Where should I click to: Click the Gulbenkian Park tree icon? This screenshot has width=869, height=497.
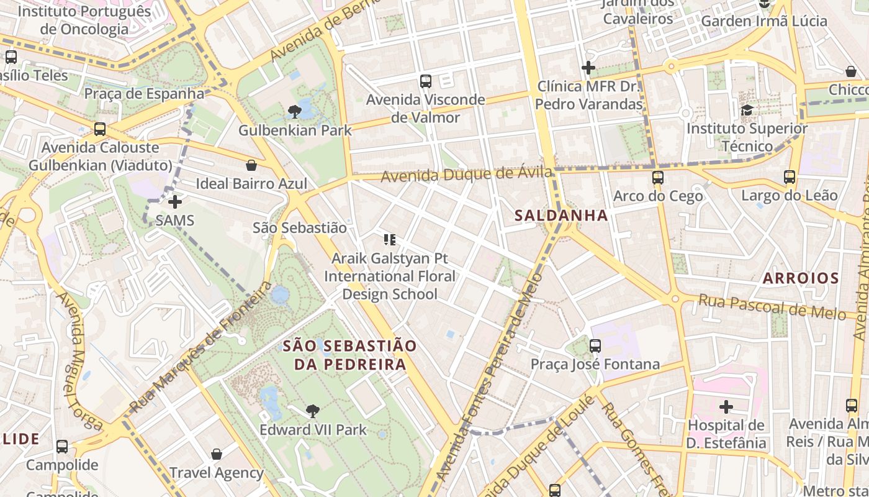(x=295, y=112)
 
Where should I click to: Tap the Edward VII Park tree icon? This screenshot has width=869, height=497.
(x=313, y=411)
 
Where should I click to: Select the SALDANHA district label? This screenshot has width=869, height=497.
(x=561, y=216)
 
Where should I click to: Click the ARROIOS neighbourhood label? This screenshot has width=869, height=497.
(x=801, y=278)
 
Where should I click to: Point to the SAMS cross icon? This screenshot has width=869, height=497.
(x=175, y=202)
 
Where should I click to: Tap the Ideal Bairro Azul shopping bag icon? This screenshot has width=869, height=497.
(x=251, y=165)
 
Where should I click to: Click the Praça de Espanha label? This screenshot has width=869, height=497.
(x=144, y=94)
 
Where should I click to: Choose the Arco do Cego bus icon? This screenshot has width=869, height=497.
(x=658, y=178)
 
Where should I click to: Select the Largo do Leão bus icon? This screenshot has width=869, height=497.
(x=790, y=177)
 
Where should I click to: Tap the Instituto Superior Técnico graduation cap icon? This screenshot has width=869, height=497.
(x=747, y=111)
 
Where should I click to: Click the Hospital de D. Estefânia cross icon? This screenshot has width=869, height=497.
(x=726, y=408)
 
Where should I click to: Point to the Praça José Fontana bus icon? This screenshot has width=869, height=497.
(x=595, y=345)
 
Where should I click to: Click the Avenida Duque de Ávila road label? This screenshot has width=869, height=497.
(x=466, y=175)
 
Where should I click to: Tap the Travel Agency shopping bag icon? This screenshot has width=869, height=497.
(x=217, y=454)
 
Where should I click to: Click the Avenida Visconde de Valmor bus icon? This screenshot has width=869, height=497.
(x=426, y=81)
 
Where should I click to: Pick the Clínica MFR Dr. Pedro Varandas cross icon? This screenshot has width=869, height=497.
(x=588, y=68)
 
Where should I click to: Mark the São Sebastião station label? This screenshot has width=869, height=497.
(x=300, y=228)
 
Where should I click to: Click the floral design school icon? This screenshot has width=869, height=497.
(x=390, y=240)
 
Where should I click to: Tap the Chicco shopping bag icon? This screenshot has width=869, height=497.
(x=850, y=71)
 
